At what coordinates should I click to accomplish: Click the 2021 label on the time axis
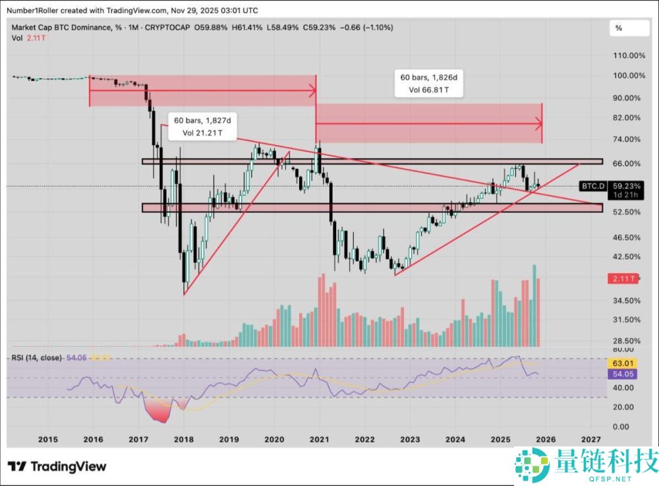tap(319, 439)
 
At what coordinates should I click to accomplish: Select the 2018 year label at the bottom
tap(183, 439)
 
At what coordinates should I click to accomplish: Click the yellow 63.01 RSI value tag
tap(623, 363)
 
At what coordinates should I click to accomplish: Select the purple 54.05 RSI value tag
tap(623, 374)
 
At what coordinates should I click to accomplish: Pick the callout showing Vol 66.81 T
tap(429, 90)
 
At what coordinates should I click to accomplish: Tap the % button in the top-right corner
tap(619, 28)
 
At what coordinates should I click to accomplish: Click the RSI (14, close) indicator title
tap(36, 357)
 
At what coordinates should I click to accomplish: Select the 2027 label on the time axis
tap(591, 439)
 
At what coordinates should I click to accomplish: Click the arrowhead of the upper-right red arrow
tap(540, 123)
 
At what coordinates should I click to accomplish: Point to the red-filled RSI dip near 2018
tap(158, 411)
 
